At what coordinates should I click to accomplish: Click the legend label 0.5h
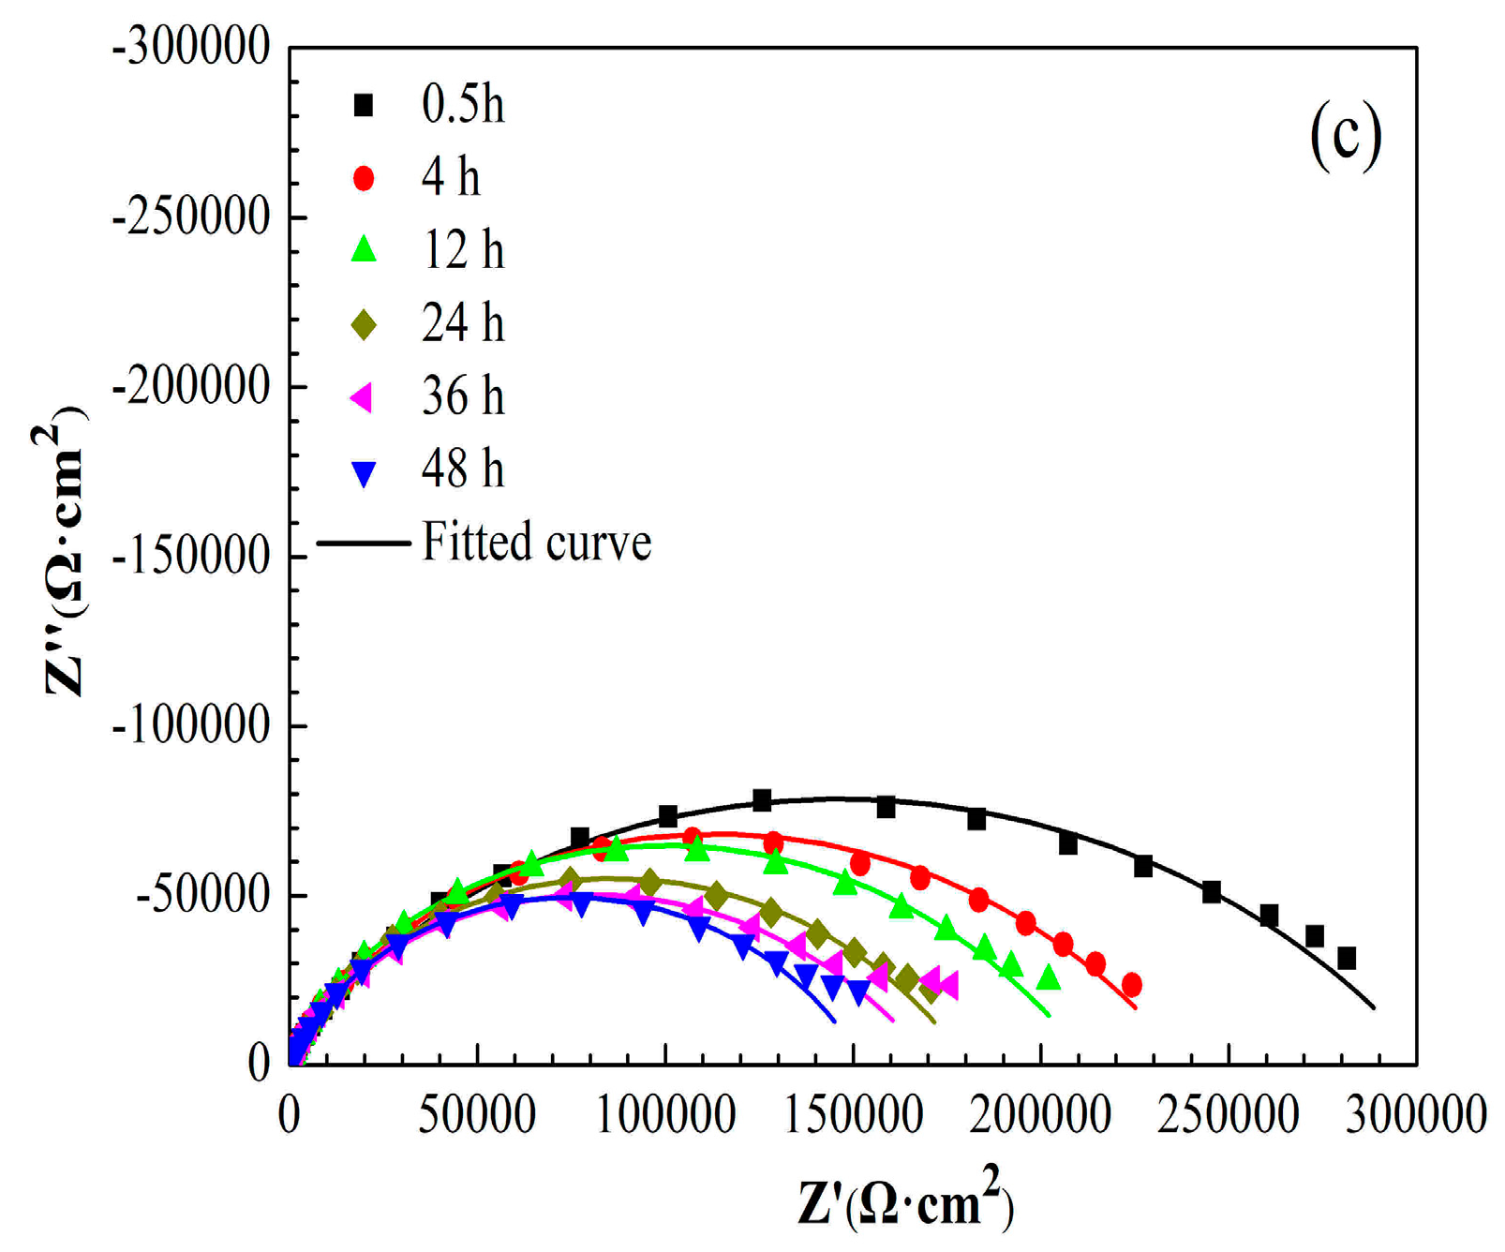462,104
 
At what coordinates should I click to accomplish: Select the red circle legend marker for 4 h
364,178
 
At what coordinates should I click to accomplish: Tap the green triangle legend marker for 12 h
364,250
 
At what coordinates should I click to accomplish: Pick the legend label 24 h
462,323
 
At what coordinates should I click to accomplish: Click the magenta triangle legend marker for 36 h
362,397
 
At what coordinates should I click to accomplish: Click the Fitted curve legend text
535,543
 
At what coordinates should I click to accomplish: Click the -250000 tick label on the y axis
191,217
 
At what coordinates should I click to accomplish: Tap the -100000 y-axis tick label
191,725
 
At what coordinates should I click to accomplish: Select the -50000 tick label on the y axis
202,895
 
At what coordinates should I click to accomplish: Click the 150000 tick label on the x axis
853,1115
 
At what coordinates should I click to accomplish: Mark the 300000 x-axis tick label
1415,1115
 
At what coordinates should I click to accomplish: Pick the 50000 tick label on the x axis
477,1115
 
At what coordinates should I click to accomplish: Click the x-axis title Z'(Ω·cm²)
905,1201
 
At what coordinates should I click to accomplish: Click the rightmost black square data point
1347,959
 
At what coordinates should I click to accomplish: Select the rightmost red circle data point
1131,985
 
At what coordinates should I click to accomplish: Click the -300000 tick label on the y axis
191,47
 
